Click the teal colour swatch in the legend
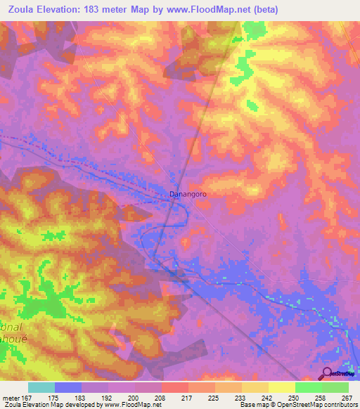41,387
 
